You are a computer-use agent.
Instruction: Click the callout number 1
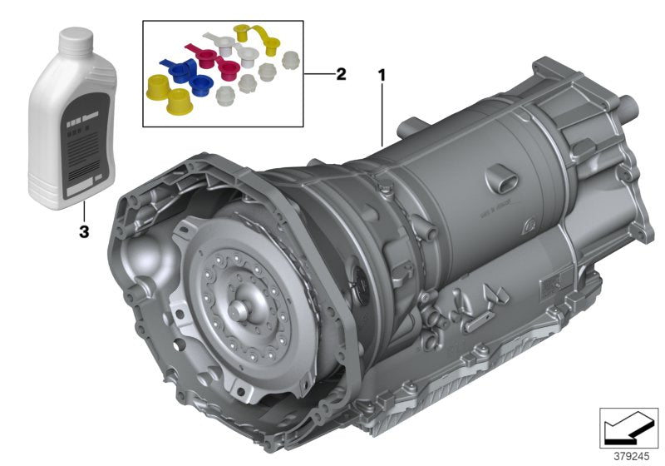382,75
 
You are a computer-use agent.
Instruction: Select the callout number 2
340,74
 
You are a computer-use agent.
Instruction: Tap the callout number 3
83,232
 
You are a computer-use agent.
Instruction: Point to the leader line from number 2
318,74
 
